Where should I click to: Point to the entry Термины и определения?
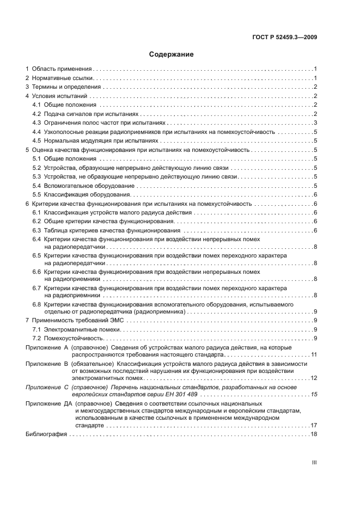click(x=66, y=87)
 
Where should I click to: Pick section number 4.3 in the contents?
click(x=36, y=122)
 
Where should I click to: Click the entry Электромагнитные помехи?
click(x=84, y=329)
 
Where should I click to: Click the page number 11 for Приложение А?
click(x=314, y=355)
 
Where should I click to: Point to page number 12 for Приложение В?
click(x=314, y=378)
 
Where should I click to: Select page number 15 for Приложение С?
click(x=314, y=394)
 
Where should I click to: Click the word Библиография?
click(x=46, y=434)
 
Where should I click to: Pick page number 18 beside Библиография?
click(x=314, y=434)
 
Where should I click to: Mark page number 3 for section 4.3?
click(x=315, y=122)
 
